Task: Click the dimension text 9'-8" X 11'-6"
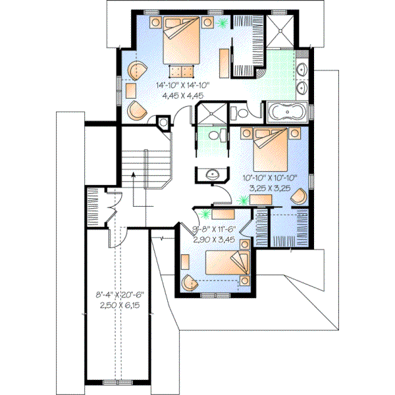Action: coord(215,230)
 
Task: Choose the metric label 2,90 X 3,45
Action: coord(215,240)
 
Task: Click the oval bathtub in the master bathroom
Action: coord(288,111)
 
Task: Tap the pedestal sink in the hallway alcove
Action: coord(210,174)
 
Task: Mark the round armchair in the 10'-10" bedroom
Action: coord(299,197)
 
